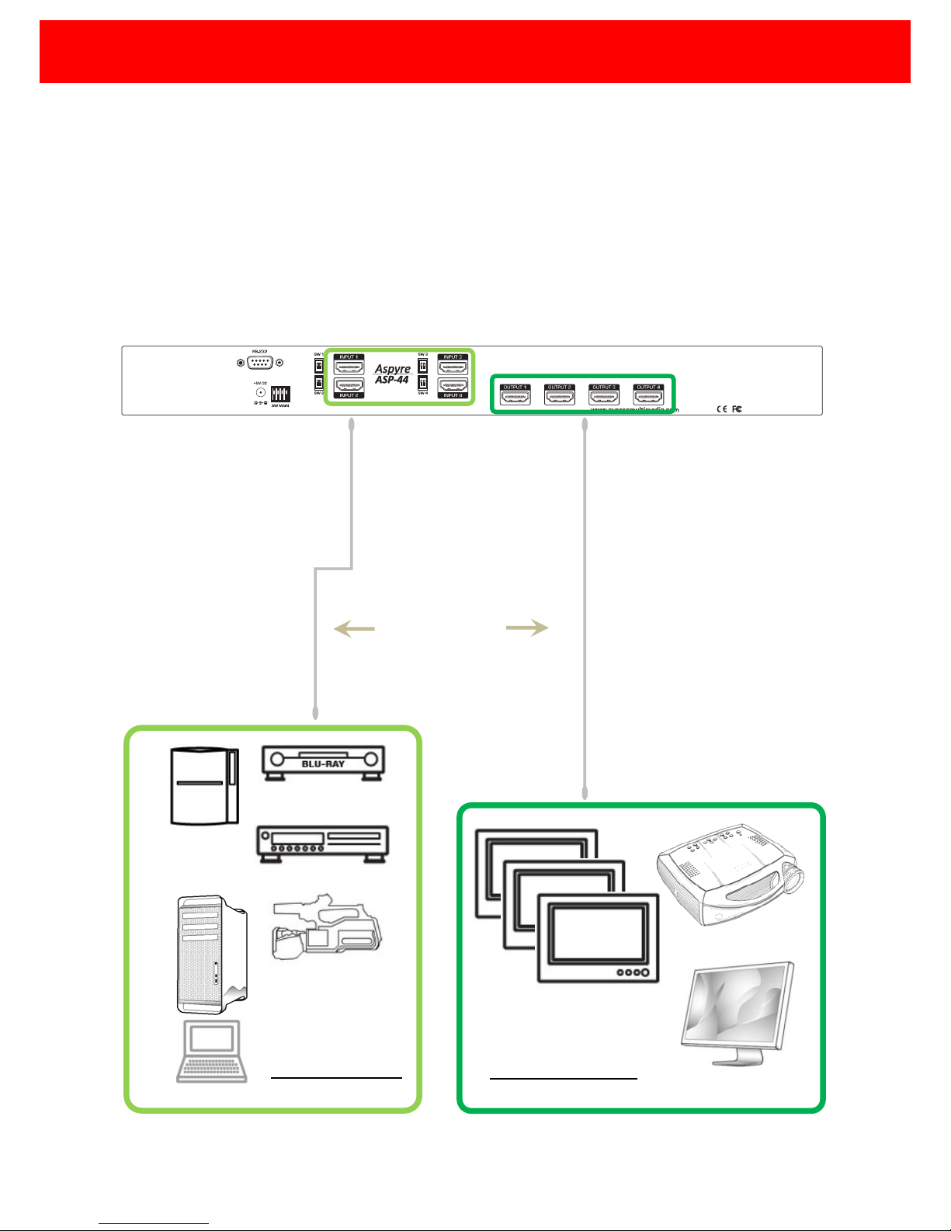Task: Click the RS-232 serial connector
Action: (260, 363)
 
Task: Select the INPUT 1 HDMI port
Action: (349, 367)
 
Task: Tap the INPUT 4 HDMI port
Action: (453, 384)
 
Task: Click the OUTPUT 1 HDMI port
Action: (515, 398)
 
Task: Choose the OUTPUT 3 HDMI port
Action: (604, 398)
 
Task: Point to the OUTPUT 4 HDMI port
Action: (648, 398)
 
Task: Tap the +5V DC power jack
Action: (261, 392)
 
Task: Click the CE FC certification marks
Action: (729, 409)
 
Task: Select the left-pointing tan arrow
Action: (354, 629)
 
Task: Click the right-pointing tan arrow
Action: (527, 628)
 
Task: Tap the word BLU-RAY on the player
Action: (323, 763)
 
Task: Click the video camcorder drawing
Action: (326, 932)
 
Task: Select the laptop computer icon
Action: (212, 1051)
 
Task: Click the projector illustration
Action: (730, 874)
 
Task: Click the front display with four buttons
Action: (598, 938)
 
